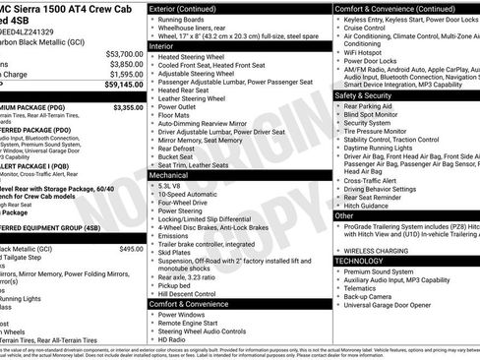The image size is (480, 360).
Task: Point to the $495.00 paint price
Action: (x=131, y=249)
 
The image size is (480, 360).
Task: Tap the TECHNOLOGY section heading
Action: (x=362, y=261)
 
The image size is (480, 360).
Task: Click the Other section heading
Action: (x=344, y=214)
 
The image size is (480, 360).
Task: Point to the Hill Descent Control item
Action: (x=192, y=294)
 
